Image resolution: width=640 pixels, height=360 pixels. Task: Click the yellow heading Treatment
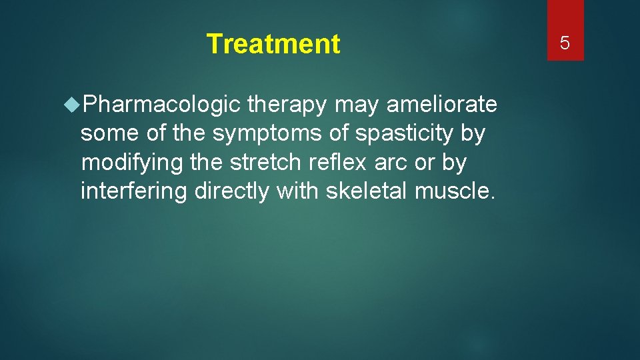[273, 44]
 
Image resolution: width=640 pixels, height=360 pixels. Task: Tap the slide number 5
[565, 44]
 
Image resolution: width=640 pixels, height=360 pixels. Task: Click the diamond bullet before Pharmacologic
[73, 105]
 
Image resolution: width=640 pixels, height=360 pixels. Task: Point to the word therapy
[287, 105]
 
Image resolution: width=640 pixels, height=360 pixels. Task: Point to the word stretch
[267, 163]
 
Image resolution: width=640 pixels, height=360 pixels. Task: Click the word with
[298, 191]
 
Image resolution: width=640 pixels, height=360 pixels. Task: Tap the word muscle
[455, 191]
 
